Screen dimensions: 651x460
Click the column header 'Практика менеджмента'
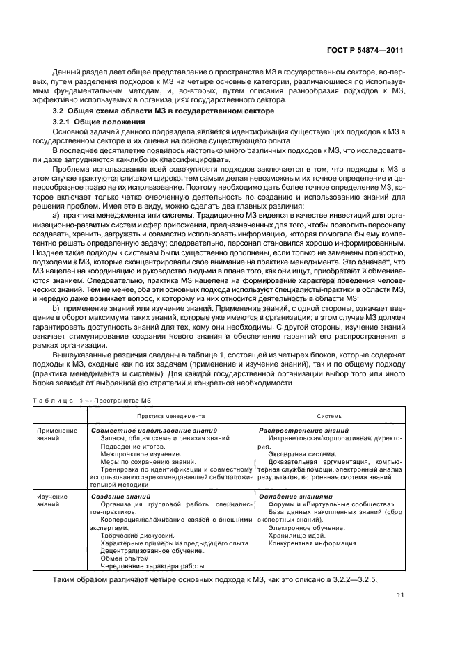(170, 416)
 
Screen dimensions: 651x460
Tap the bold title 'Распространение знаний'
(299, 431)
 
